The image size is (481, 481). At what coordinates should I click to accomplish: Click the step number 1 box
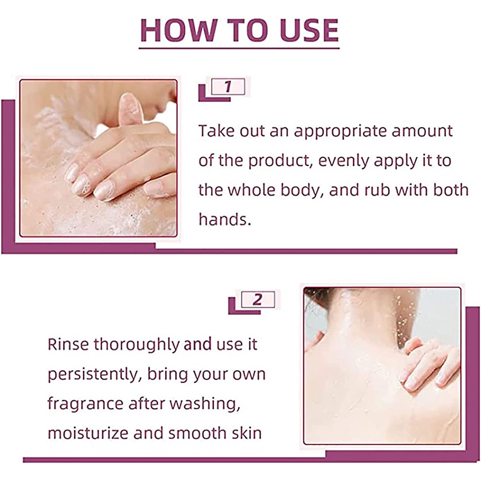point(228,87)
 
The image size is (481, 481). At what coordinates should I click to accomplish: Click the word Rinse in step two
point(68,344)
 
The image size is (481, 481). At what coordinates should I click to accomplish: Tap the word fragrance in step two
point(85,404)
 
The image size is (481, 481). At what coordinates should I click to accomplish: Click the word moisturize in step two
point(88,433)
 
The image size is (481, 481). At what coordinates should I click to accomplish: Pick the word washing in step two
point(209,404)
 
